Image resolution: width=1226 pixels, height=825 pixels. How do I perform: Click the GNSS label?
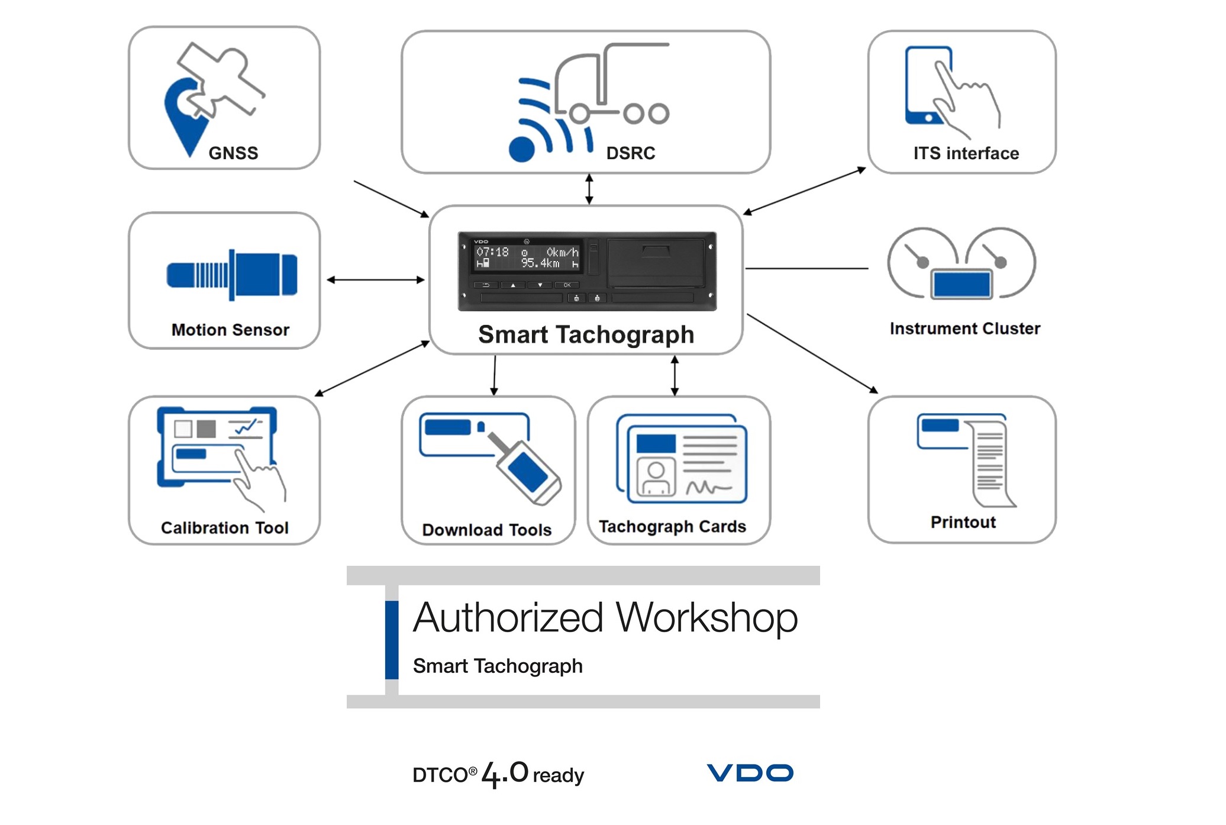click(x=233, y=153)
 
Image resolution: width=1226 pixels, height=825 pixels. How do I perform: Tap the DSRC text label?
click(x=630, y=153)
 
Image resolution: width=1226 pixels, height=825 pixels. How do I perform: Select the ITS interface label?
click(x=966, y=153)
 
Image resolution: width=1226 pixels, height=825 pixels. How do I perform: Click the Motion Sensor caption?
click(x=230, y=330)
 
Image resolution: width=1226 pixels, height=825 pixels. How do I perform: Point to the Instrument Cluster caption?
click(x=964, y=328)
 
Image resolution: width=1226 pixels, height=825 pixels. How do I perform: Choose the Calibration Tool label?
click(x=224, y=527)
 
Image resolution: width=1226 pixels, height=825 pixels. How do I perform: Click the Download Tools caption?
click(x=486, y=530)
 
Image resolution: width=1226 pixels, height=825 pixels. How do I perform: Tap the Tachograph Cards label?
click(x=672, y=526)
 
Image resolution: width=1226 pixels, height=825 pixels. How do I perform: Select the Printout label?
click(x=963, y=522)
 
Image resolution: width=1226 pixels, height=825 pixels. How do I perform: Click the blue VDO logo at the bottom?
click(x=750, y=772)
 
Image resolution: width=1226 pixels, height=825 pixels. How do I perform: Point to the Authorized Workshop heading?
click(x=605, y=617)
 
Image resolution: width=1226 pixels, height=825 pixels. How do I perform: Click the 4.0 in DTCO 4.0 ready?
click(x=504, y=773)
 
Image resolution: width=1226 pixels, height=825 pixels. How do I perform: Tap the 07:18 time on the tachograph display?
click(x=492, y=252)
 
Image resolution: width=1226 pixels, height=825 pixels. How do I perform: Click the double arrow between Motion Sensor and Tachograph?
click(x=375, y=280)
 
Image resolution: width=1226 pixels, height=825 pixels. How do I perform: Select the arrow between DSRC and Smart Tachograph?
click(x=589, y=189)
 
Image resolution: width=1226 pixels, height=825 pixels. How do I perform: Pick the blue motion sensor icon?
click(x=232, y=275)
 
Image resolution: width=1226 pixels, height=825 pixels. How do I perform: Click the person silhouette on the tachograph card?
click(x=656, y=478)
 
